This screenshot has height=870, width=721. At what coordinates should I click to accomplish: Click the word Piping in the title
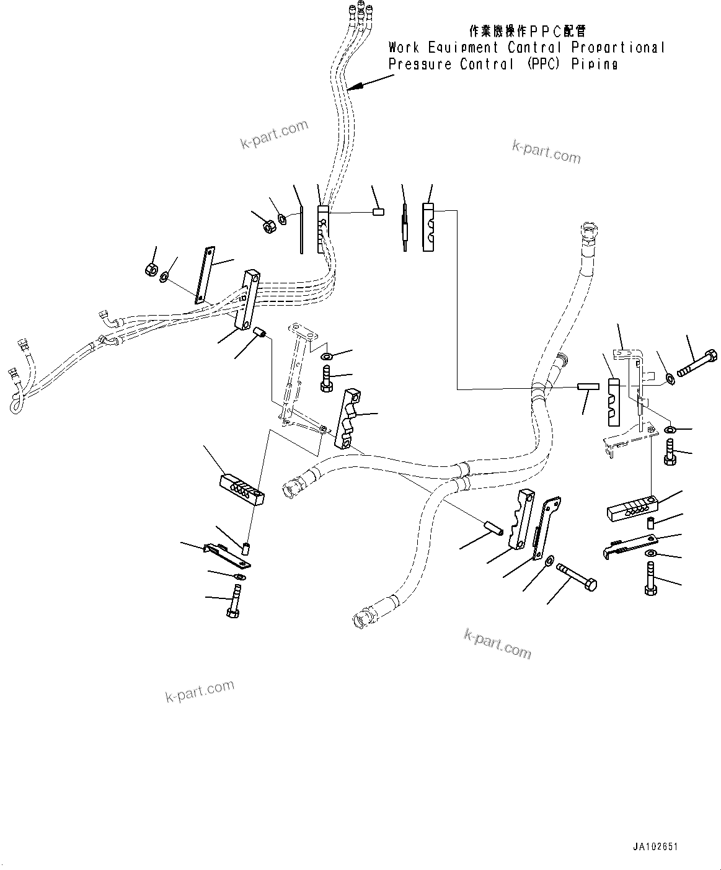coord(595,64)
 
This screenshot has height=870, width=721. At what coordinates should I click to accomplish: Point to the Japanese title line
coord(526,31)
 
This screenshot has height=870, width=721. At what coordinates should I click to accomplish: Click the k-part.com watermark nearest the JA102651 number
coord(498,643)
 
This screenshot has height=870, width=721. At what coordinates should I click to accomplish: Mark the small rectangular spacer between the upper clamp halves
coord(378,212)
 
